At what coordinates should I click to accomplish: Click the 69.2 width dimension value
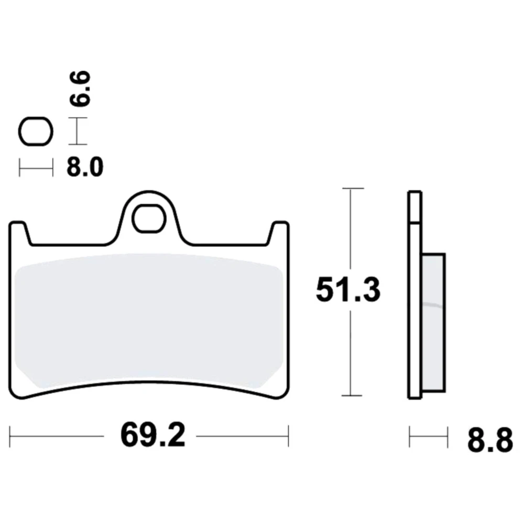click(152, 436)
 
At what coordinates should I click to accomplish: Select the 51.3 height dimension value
click(348, 290)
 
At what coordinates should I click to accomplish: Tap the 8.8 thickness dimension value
click(490, 440)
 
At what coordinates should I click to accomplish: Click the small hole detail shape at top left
click(36, 132)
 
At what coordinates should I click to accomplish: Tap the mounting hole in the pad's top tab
click(149, 219)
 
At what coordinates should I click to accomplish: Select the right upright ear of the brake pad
click(278, 233)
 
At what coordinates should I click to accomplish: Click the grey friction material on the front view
click(149, 321)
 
